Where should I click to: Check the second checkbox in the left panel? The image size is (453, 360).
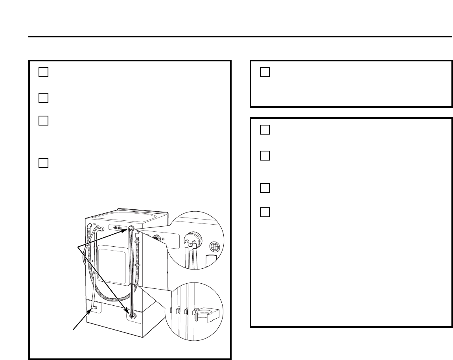pyautogui.click(x=43, y=98)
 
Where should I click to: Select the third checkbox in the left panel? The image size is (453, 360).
pyautogui.click(x=43, y=120)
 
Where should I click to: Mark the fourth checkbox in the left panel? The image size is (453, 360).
pyautogui.click(x=43, y=163)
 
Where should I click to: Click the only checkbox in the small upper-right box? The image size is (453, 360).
pyautogui.click(x=265, y=72)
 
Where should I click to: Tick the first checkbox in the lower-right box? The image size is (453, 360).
pyautogui.click(x=265, y=129)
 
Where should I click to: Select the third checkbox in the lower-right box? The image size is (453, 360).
pyautogui.click(x=265, y=188)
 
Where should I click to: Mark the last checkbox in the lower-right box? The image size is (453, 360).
pyautogui.click(x=265, y=212)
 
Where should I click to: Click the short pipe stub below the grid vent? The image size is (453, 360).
pyautogui.click(x=211, y=260)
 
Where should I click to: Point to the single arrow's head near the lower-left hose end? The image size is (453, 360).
pyautogui.click(x=90, y=311)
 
